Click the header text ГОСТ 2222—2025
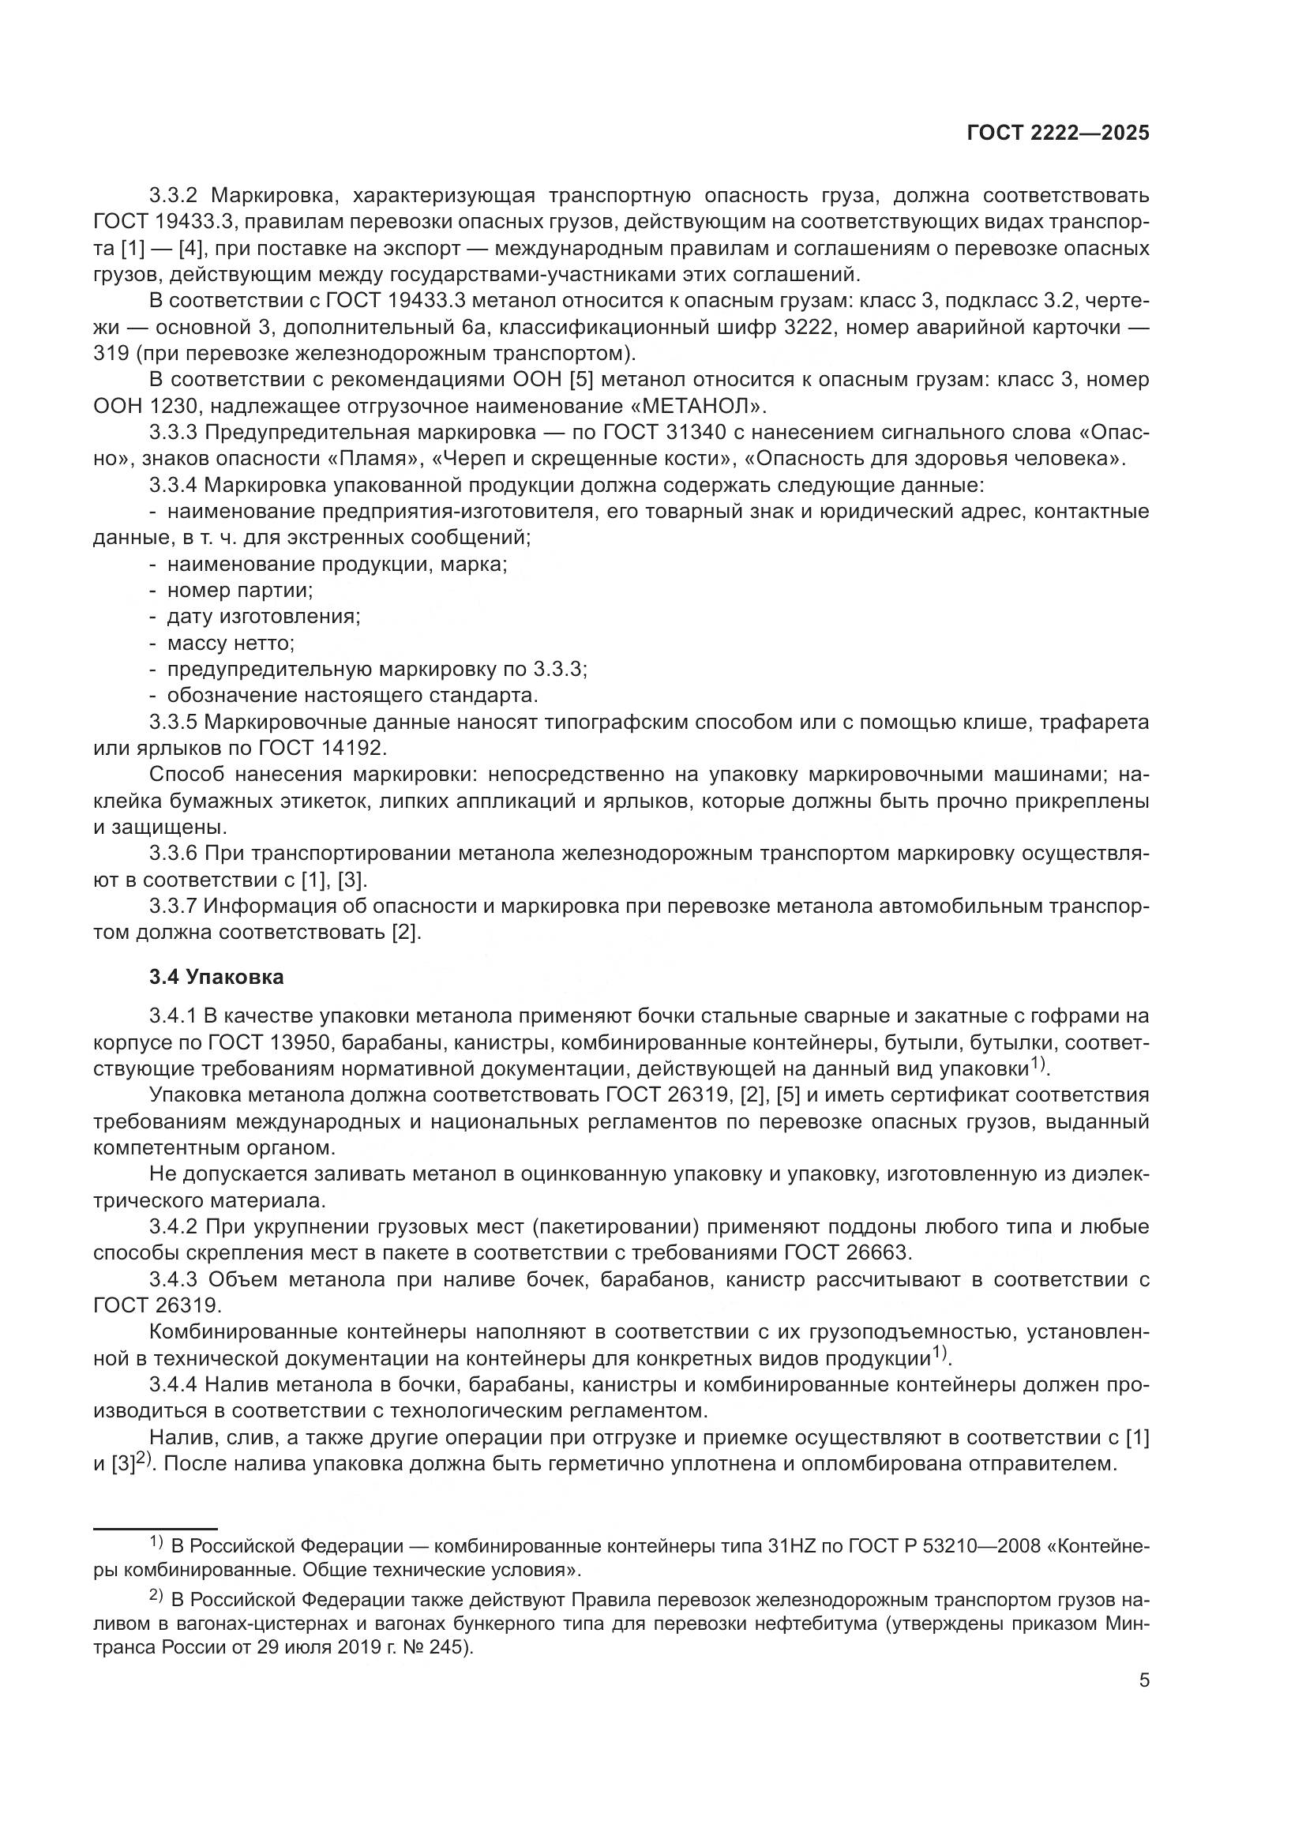pyautogui.click(x=1057, y=133)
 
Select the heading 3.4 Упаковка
pyautogui.click(x=216, y=978)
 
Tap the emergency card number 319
pyautogui.click(x=111, y=353)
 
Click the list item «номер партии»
pyautogui.click(x=240, y=591)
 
